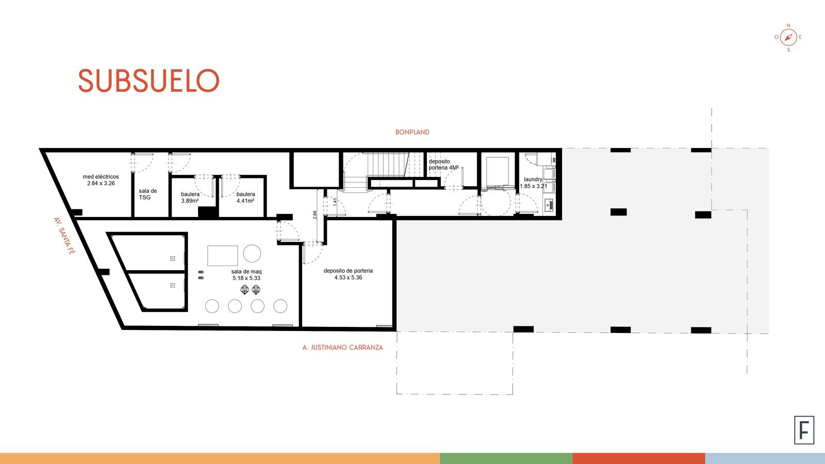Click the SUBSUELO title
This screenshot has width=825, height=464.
pos(149,80)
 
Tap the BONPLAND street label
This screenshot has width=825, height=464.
pos(412,132)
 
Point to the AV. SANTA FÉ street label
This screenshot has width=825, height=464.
pos(64,236)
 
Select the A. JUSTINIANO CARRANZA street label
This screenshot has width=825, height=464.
pos(342,347)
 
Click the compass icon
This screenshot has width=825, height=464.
pos(788,37)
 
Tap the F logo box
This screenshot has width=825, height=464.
pos(804,430)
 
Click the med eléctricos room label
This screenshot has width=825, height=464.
pos(101,180)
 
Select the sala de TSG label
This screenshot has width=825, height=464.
pos(147,194)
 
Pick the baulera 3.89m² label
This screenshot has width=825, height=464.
pos(190,197)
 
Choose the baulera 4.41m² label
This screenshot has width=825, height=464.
pos(245,197)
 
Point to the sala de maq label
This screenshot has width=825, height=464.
pos(246,275)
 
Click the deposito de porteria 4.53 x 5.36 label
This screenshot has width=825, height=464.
pos(348,274)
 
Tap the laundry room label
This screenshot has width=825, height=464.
pos(533,183)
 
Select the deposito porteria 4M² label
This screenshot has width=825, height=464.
pos(443,164)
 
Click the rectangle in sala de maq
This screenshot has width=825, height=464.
pos(222,256)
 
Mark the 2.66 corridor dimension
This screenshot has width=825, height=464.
pos(315,214)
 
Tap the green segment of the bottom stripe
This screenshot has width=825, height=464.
pos(506,458)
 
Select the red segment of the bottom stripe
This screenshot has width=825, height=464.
pos(639,458)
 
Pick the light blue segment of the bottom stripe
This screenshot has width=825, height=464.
pos(765,458)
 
